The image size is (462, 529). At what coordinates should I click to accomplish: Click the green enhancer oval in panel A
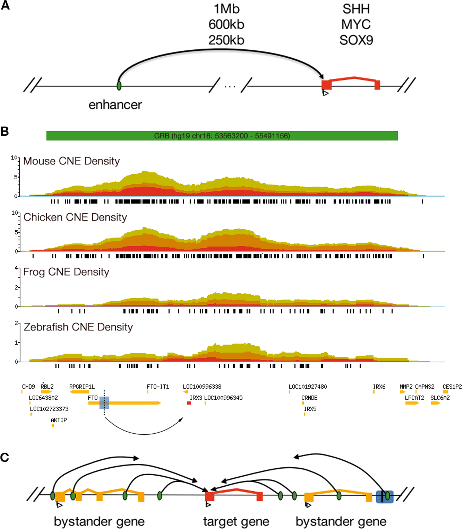click(x=119, y=85)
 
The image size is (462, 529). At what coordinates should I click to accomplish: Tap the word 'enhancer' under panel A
click(x=115, y=105)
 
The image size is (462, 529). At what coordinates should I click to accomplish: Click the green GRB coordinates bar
click(x=222, y=136)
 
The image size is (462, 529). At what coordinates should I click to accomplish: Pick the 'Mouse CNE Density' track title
click(x=72, y=161)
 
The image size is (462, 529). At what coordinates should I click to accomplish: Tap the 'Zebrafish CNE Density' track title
click(x=78, y=327)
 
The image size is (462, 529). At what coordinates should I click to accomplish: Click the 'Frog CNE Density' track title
click(x=66, y=272)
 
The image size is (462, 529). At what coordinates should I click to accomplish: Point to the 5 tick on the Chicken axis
click(x=16, y=232)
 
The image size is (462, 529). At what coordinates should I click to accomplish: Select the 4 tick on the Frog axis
click(x=16, y=268)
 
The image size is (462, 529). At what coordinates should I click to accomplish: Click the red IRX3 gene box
click(x=189, y=403)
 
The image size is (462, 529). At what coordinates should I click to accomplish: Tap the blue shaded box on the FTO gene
click(x=104, y=403)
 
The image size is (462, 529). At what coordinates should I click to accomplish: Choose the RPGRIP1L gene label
click(x=82, y=387)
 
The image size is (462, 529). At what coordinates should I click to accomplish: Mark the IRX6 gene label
click(x=379, y=387)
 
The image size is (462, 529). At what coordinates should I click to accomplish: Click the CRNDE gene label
click(x=309, y=398)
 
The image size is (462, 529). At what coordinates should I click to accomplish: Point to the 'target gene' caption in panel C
click(x=236, y=522)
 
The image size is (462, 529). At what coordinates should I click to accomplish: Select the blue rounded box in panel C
click(x=385, y=496)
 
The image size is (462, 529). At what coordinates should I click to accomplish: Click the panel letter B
click(x=5, y=131)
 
